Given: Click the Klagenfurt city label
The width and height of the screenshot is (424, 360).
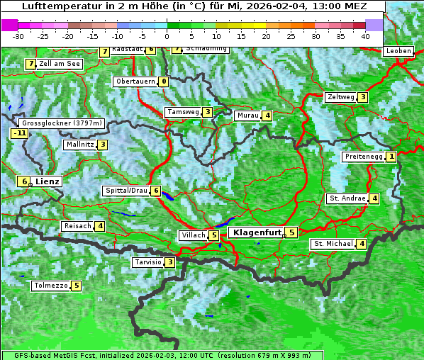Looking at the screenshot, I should [257, 232].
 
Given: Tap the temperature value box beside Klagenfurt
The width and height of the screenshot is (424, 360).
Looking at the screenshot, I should [291, 232].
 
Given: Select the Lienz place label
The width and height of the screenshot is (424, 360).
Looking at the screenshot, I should [48, 181].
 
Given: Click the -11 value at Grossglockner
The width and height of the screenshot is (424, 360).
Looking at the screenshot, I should [19, 133].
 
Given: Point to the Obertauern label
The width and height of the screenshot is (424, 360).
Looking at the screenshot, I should [136, 81].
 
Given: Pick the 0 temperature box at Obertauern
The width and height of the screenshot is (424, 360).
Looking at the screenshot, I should [164, 81].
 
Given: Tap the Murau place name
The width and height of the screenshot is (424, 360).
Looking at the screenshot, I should [247, 116].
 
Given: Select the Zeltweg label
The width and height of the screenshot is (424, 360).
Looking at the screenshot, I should [340, 97].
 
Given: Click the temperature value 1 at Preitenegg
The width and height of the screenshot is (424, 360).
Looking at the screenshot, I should [391, 157].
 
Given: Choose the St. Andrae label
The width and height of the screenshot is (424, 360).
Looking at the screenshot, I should [347, 198].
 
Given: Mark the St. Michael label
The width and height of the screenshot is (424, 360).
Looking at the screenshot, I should [333, 244].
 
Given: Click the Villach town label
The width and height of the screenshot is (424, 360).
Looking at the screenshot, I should [194, 235].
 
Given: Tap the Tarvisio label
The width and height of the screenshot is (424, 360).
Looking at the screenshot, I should [147, 262].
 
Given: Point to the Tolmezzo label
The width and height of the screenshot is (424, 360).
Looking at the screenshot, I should [50, 286].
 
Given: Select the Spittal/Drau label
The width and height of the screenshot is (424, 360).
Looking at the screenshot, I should [126, 191].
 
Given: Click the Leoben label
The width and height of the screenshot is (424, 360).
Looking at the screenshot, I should [398, 51].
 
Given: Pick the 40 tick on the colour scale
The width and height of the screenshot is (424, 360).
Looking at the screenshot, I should [365, 36].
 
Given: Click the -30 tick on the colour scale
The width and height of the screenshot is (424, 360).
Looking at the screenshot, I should [18, 36].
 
